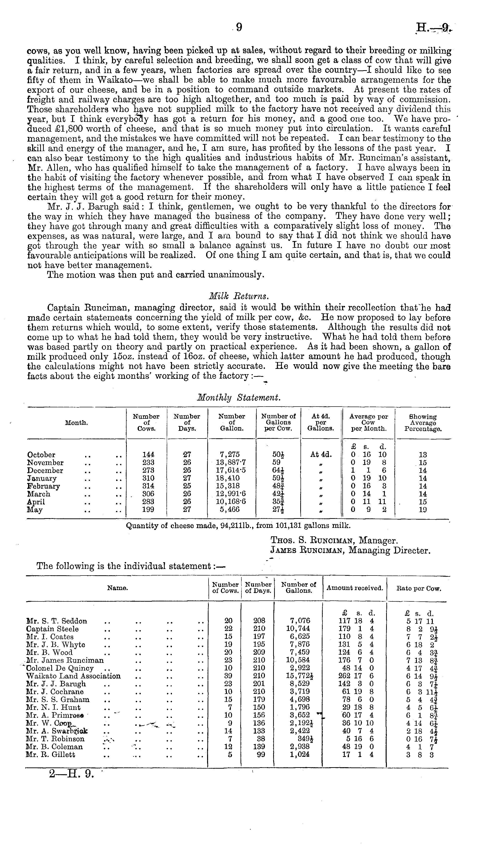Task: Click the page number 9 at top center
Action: coord(239,27)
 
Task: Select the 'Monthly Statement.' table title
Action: coord(239,398)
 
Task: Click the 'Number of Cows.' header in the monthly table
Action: coord(146,422)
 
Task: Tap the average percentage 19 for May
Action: coord(423,510)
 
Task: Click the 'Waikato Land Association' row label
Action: coord(73,676)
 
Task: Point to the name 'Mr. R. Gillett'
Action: coord(50,755)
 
